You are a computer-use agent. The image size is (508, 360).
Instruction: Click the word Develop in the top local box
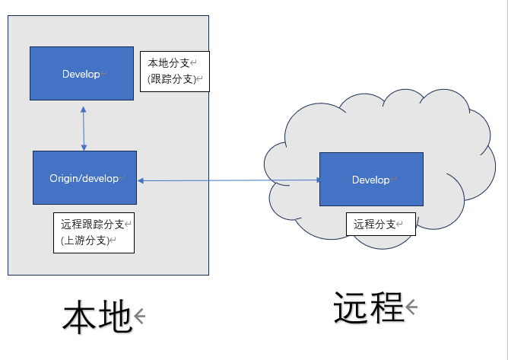pos(81,74)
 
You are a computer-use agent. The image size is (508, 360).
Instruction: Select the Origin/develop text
pos(84,178)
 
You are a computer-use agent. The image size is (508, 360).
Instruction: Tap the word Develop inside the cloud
pos(370,180)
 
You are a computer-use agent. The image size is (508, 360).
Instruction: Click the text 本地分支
pos(168,63)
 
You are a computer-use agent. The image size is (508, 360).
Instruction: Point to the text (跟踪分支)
pos(170,78)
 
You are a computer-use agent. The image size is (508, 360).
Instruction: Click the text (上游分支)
pos(84,241)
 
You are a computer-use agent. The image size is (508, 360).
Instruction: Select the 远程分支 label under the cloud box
pos(374,224)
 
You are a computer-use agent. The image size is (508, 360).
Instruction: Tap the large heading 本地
pos(97,317)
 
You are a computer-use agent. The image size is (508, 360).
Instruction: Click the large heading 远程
pos(367,308)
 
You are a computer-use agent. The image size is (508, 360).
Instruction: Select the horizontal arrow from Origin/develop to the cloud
pos(228,180)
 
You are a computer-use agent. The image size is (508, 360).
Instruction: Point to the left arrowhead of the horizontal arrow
pos(141,180)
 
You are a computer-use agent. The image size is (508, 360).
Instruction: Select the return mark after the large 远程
pos(411,307)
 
